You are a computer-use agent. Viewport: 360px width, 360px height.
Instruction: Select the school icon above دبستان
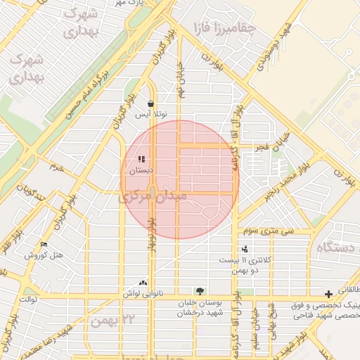pos(141,160)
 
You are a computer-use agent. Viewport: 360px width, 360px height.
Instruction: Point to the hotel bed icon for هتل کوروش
pos(44,245)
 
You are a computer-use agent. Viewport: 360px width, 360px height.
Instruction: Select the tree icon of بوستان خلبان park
pos(200,291)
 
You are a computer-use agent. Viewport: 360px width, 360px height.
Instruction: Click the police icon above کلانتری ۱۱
pos(245,249)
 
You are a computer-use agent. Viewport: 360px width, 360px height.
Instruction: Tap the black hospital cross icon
pos(328,293)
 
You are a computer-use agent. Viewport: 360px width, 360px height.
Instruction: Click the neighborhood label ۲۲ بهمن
pos(106,320)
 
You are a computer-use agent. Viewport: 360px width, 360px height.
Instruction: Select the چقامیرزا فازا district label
pos(217,28)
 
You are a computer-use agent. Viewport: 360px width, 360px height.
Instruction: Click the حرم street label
pos(56,168)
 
